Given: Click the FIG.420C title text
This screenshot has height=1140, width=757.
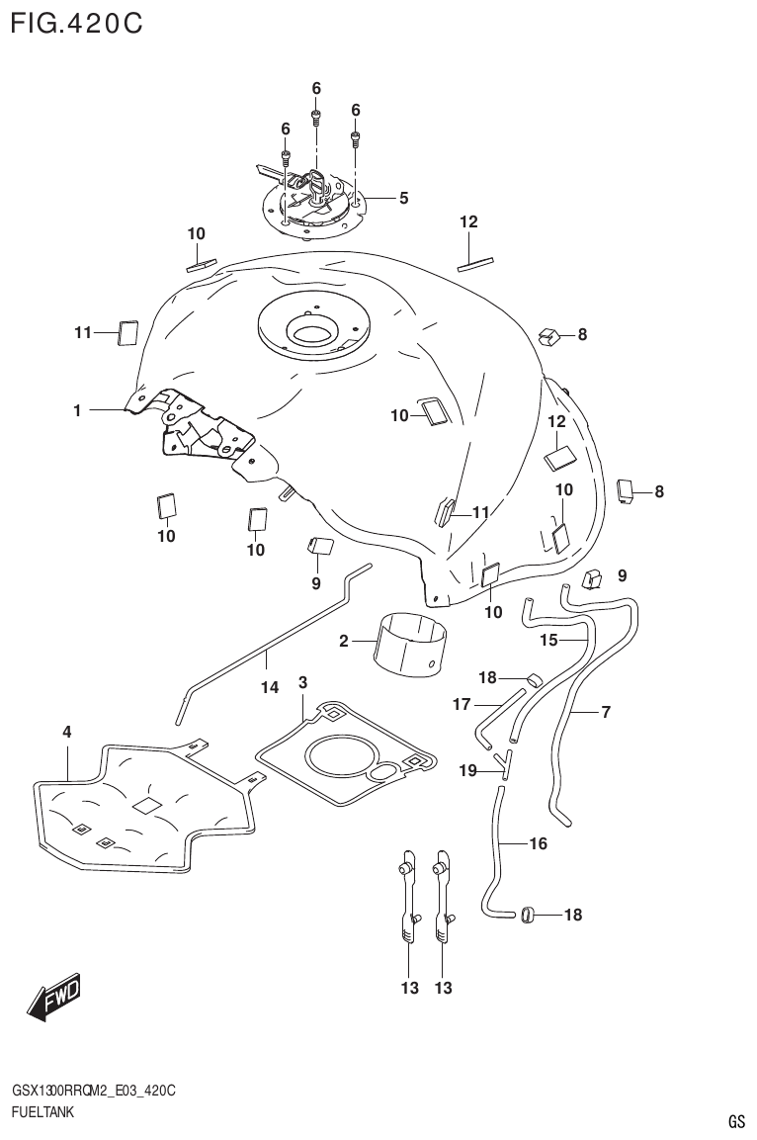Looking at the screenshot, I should click(x=77, y=22).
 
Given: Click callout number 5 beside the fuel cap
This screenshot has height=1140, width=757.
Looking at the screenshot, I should click(x=404, y=198).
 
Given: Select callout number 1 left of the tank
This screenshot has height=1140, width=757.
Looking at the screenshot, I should click(x=76, y=408).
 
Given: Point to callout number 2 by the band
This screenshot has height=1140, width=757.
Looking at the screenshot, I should click(x=344, y=642).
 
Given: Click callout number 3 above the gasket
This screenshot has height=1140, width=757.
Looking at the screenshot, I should click(x=302, y=682).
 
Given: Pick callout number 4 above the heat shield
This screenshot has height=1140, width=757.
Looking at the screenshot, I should click(x=67, y=733).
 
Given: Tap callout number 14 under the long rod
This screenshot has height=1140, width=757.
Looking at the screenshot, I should click(x=270, y=688).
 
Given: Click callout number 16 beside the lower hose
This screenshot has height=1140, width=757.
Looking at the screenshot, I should click(x=539, y=843).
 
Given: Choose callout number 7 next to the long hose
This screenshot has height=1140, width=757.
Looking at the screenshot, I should click(x=606, y=711).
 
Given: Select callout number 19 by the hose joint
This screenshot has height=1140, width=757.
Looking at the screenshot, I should click(x=467, y=769).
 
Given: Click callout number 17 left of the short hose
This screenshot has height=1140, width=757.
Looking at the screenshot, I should click(x=461, y=704).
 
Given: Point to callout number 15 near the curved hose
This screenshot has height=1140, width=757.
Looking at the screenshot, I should click(x=549, y=640).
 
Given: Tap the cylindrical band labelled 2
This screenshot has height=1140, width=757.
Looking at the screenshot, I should click(x=410, y=643).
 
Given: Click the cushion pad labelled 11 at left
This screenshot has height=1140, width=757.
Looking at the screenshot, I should click(x=127, y=333).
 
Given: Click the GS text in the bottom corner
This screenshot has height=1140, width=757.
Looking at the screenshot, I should click(x=735, y=1121).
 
